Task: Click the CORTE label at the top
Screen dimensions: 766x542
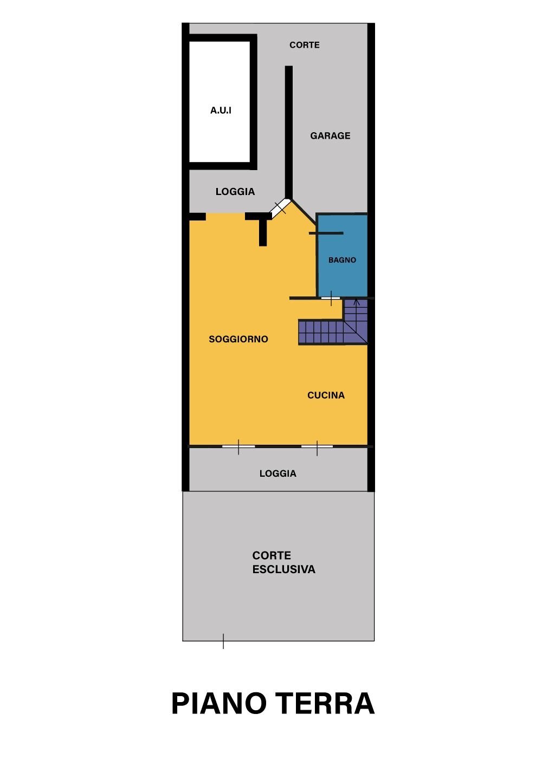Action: pyautogui.click(x=304, y=45)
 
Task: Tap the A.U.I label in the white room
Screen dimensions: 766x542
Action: pyautogui.click(x=221, y=111)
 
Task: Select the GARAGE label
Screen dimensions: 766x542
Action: pyautogui.click(x=330, y=136)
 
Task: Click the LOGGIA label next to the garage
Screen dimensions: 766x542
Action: pyautogui.click(x=235, y=192)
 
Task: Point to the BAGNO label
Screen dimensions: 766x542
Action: pyautogui.click(x=342, y=260)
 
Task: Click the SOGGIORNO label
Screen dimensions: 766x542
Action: pyautogui.click(x=238, y=340)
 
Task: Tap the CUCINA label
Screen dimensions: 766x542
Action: pyautogui.click(x=326, y=395)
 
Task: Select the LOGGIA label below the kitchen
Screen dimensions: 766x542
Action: pyautogui.click(x=278, y=473)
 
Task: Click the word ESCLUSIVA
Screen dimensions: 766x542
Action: pyautogui.click(x=283, y=570)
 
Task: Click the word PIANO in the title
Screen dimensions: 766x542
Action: pyautogui.click(x=219, y=704)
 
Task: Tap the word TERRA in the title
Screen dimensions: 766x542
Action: pyautogui.click(x=325, y=704)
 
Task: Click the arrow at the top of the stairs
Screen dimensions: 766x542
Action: pyautogui.click(x=356, y=302)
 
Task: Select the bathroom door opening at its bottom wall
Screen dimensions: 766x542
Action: pyautogui.click(x=331, y=298)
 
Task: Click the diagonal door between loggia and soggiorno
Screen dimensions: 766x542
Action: pyautogui.click(x=280, y=208)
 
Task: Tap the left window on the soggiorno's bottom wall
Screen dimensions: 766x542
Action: pyautogui.click(x=238, y=446)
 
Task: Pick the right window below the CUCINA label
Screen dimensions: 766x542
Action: pyautogui.click(x=317, y=446)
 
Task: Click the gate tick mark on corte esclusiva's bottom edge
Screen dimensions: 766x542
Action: pyautogui.click(x=223, y=641)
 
